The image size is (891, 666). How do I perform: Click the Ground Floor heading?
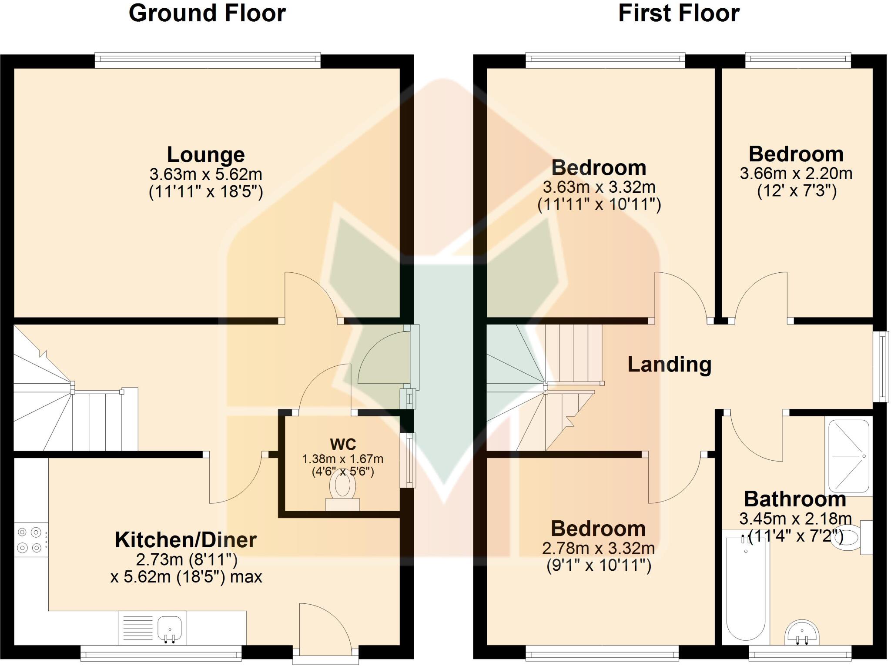[207, 13]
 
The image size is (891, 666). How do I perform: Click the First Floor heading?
[679, 13]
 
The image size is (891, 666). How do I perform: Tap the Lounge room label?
[206, 154]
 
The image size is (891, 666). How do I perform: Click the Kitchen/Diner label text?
[186, 540]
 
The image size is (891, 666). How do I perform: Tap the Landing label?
[669, 364]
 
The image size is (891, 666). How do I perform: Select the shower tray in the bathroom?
[849, 456]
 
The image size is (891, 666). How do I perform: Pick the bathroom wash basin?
[802, 633]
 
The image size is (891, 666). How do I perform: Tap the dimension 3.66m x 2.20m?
[796, 174]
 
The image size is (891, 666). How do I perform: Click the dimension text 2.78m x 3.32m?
[598, 548]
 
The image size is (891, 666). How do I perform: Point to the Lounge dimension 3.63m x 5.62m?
[206, 174]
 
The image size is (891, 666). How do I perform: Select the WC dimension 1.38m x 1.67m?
[343, 459]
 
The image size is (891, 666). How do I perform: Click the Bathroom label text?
[795, 499]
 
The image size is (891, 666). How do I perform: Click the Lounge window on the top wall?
[208, 60]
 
